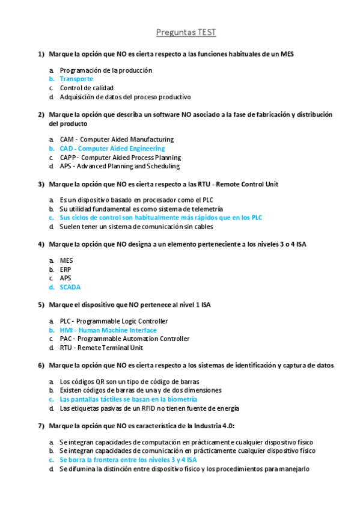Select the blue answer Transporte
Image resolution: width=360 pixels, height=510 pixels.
(76, 79)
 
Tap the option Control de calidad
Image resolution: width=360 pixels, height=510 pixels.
(87, 88)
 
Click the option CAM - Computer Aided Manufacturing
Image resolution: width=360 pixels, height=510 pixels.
(117, 140)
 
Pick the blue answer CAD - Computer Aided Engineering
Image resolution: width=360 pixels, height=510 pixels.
(112, 149)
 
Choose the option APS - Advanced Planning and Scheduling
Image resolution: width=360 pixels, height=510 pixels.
(119, 166)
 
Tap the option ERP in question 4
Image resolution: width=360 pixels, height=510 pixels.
(66, 270)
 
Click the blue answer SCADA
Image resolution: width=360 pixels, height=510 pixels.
(70, 287)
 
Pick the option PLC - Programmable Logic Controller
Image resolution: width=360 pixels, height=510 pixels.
(114, 321)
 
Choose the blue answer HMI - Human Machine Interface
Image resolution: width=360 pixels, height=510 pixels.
(108, 330)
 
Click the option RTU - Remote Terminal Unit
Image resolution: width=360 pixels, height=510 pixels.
(101, 348)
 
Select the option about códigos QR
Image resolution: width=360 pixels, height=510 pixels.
(129, 382)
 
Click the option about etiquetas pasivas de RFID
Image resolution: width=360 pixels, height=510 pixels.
(149, 408)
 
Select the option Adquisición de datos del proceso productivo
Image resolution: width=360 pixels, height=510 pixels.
(125, 97)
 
